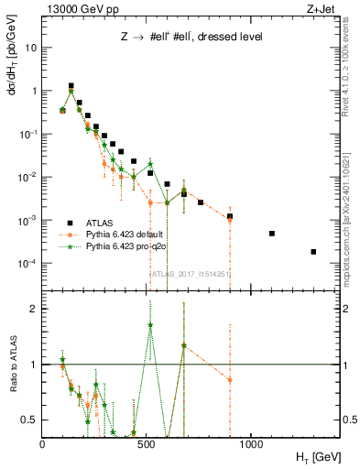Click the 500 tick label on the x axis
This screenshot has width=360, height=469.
pos(147,442)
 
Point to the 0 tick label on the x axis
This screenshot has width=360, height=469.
pos(42,442)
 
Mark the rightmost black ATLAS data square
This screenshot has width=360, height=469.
pos(313,252)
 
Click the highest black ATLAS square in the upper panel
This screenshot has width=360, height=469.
pos(71,86)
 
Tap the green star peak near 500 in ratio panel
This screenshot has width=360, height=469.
pos(150,325)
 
